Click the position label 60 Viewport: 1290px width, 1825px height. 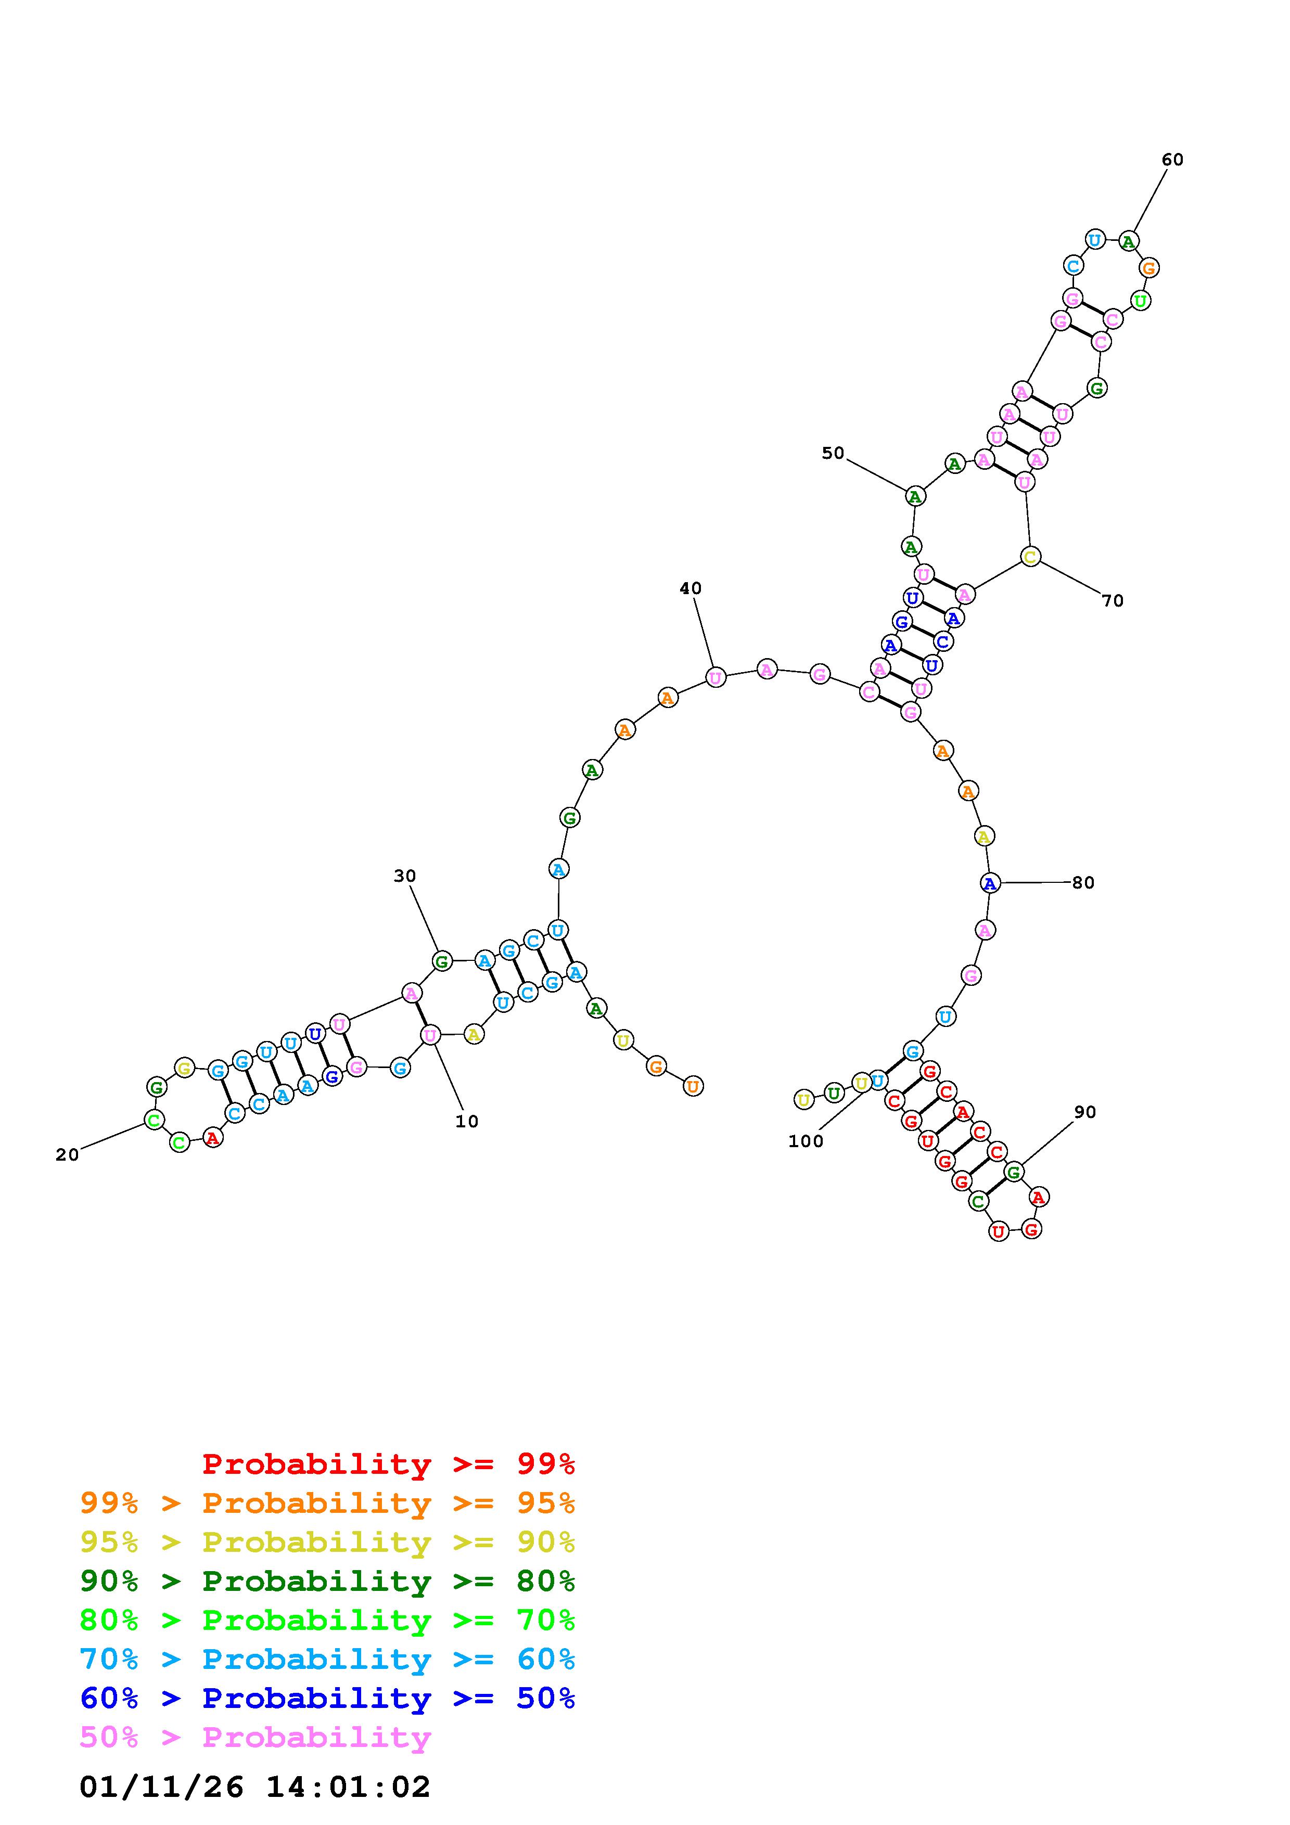(x=1172, y=160)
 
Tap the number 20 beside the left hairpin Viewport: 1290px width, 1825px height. (x=68, y=1155)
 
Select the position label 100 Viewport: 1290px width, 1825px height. (x=806, y=1141)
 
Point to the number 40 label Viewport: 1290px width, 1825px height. (x=691, y=588)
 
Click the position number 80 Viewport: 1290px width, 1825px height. (x=1083, y=883)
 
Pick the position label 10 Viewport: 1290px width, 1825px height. (x=467, y=1122)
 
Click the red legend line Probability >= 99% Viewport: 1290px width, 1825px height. (x=389, y=1464)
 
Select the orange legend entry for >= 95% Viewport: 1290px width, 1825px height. (x=327, y=1503)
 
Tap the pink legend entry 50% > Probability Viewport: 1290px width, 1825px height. (x=255, y=1738)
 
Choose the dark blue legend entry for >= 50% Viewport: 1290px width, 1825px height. (x=327, y=1699)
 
